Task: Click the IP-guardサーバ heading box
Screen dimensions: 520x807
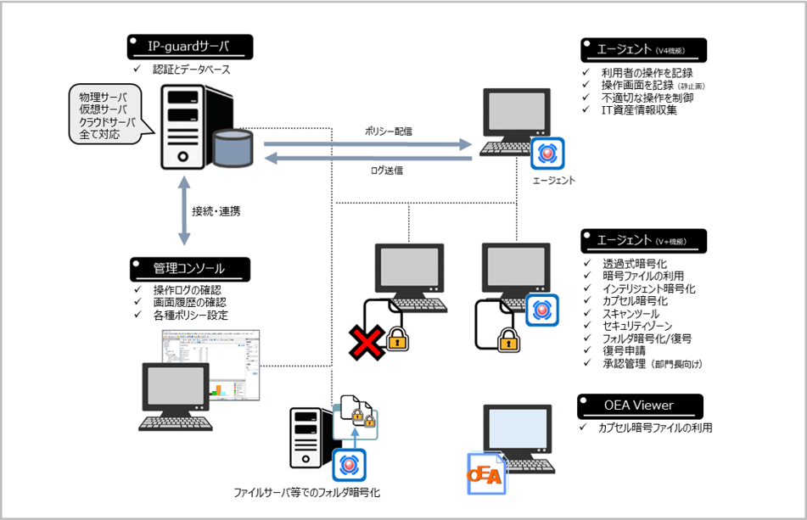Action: click(190, 45)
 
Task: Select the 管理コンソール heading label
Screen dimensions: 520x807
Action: click(190, 269)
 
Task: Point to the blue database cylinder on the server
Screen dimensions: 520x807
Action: click(233, 148)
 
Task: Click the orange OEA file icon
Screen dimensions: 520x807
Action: click(486, 474)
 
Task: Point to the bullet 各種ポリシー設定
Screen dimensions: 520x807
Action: click(191, 316)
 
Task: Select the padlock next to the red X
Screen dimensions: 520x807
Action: click(396, 340)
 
